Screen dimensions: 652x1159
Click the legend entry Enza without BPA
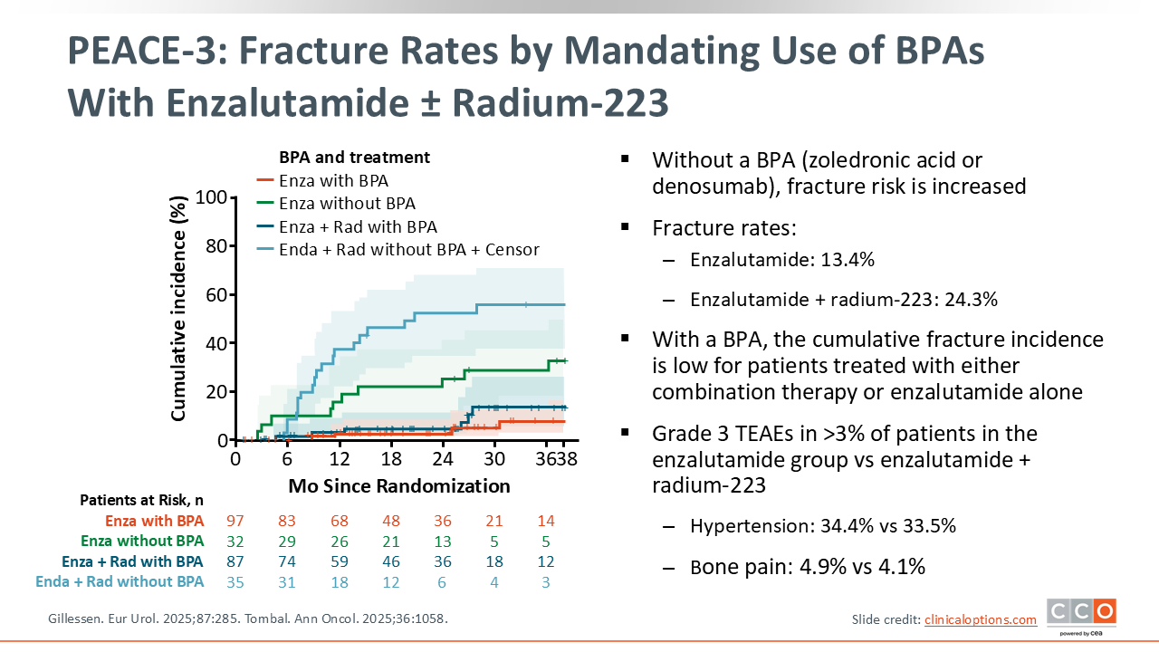[347, 204]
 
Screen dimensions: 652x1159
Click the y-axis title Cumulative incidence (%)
[179, 308]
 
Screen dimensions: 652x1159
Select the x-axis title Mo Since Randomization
[399, 486]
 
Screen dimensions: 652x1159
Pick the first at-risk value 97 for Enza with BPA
[235, 521]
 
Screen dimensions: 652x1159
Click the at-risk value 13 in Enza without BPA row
[442, 542]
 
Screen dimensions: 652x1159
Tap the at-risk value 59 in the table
[339, 561]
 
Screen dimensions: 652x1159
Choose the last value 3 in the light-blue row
[545, 581]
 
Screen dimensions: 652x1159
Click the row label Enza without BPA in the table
[142, 542]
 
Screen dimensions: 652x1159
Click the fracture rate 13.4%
[847, 261]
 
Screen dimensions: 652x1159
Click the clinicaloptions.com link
[980, 619]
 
